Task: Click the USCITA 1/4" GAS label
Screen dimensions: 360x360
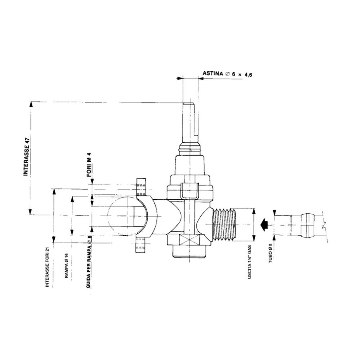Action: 250,262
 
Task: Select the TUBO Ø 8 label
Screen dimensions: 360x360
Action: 271,253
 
